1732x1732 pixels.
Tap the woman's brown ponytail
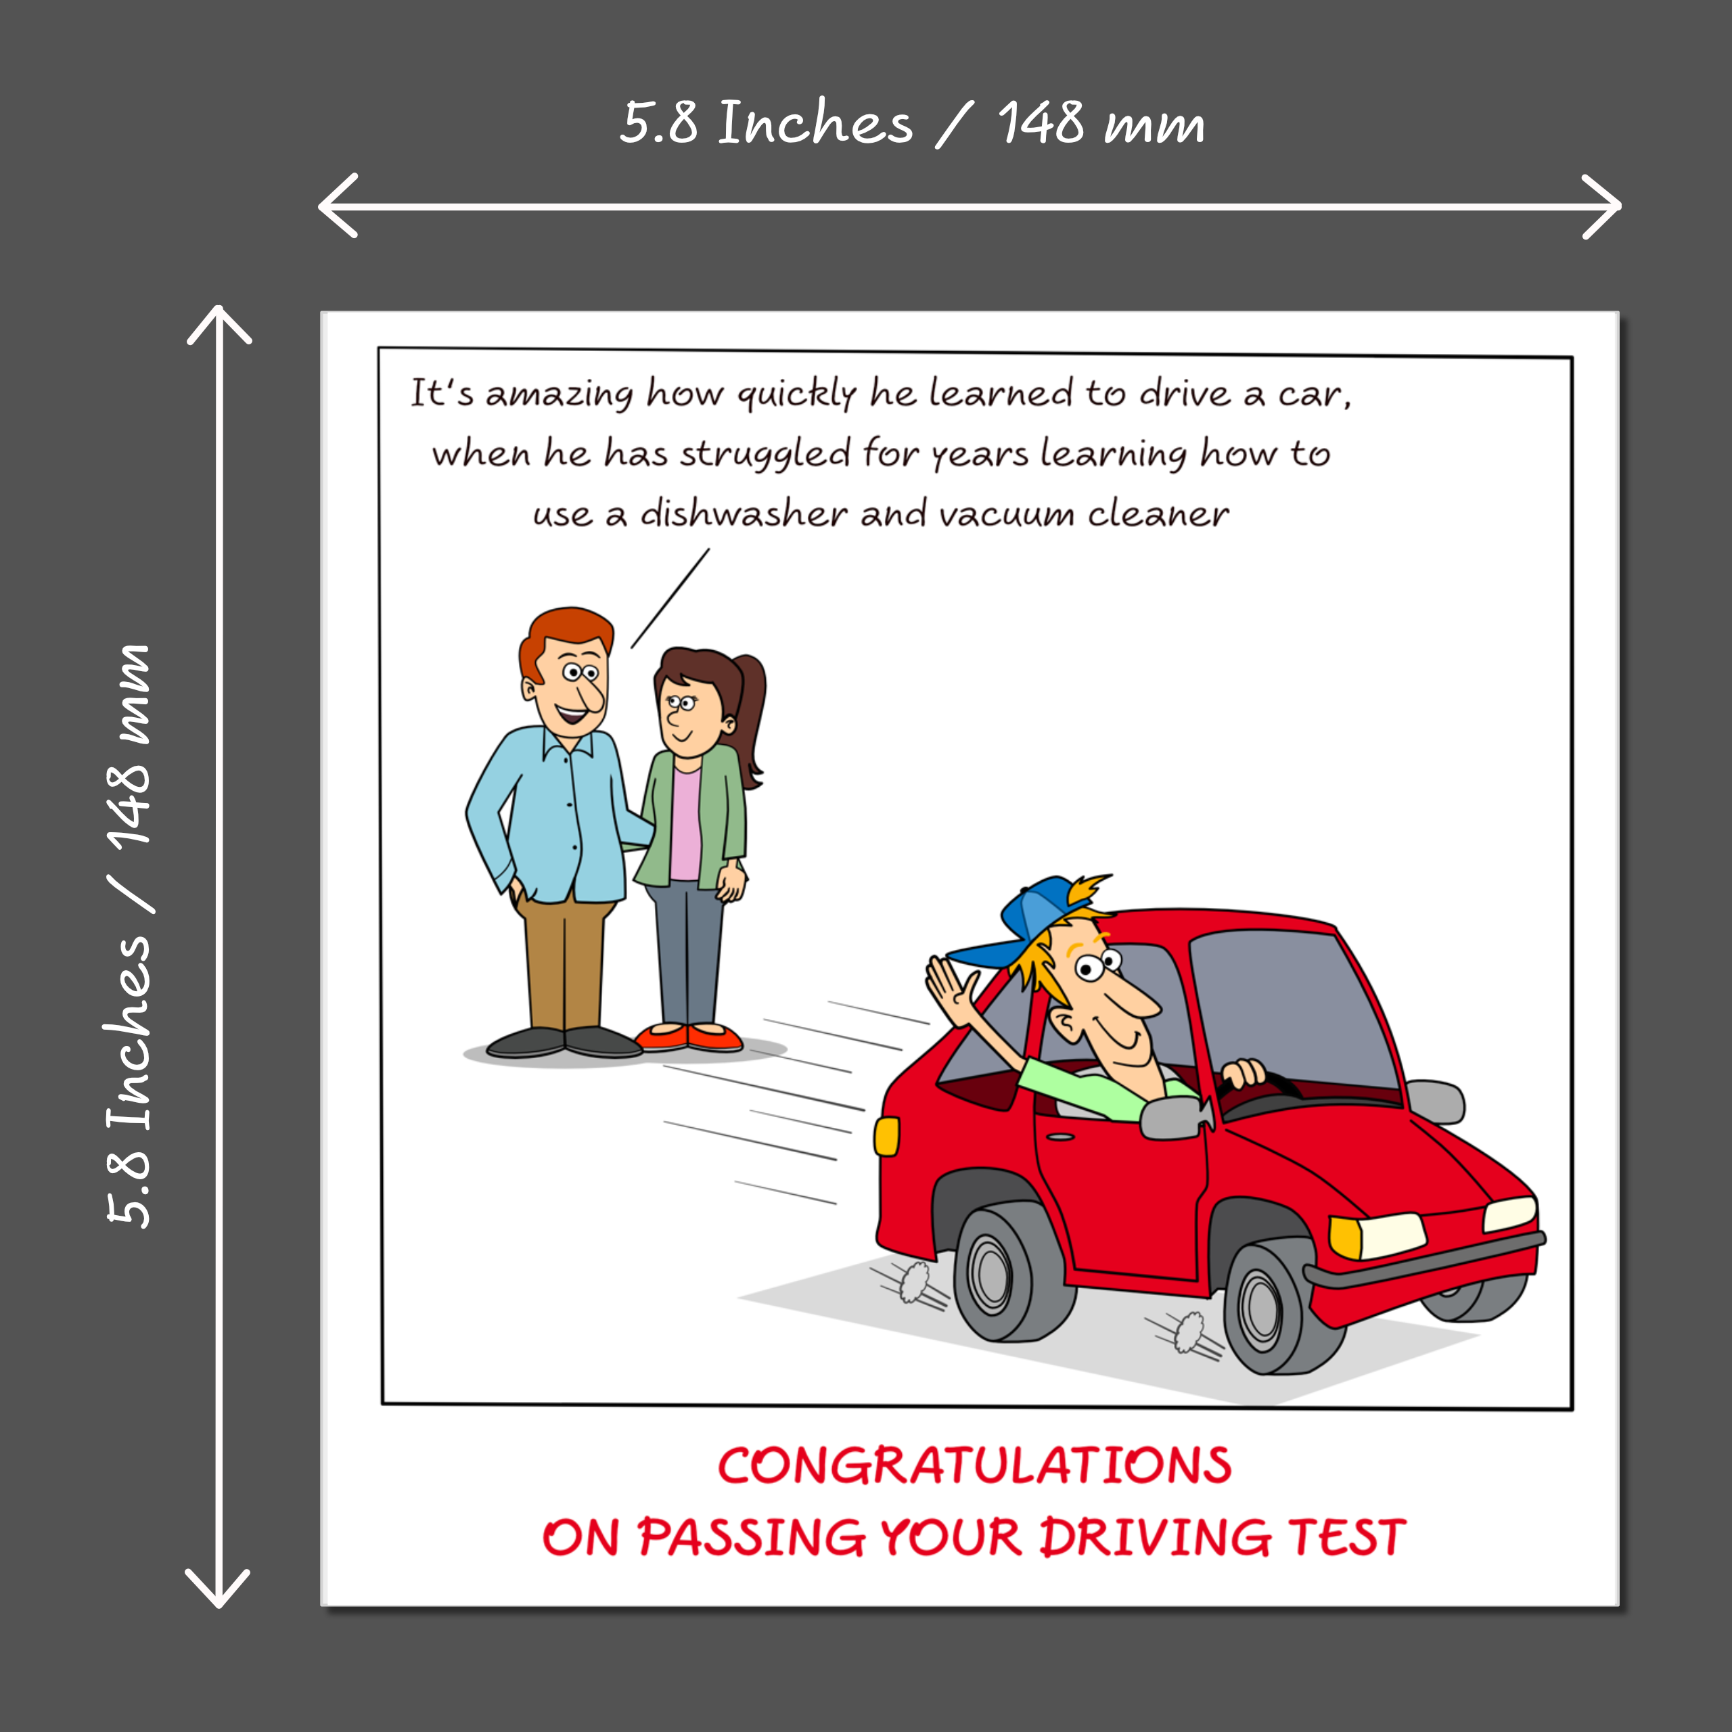coord(748,717)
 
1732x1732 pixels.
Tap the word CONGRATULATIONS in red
coord(974,1465)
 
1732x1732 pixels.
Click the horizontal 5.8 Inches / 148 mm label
coord(913,123)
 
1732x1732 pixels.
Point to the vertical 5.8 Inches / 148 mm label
coord(129,935)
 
